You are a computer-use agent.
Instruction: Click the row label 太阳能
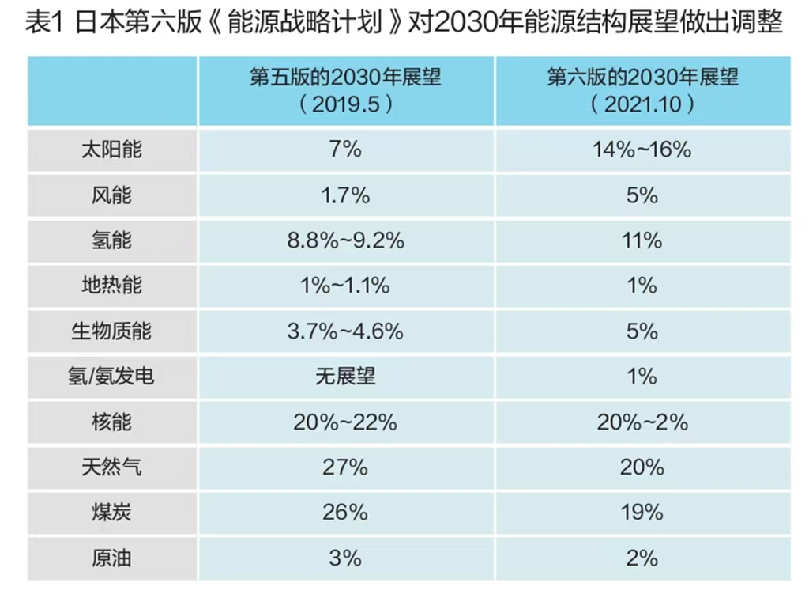click(111, 149)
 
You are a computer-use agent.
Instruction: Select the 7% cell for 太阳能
click(345, 149)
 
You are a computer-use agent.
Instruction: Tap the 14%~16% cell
click(642, 149)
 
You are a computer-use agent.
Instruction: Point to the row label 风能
click(111, 195)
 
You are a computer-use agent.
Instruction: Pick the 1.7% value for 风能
click(345, 195)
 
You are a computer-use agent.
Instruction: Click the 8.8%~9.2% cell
click(345, 240)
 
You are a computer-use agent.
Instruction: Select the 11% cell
click(642, 240)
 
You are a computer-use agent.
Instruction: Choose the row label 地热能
click(111, 285)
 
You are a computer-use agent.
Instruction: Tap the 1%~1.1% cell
click(345, 286)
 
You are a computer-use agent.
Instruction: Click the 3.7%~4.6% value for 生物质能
click(345, 331)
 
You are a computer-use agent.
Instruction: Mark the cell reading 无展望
click(345, 376)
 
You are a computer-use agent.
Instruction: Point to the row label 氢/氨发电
click(111, 376)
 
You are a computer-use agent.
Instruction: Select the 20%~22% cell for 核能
click(345, 422)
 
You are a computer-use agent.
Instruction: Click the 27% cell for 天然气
click(345, 467)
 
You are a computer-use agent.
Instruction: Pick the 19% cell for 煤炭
click(642, 513)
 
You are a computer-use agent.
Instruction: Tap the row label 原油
click(111, 558)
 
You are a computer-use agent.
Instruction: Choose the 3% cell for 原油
click(345, 558)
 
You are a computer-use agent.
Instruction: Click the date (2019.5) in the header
click(346, 104)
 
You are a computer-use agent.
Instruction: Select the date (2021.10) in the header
click(642, 104)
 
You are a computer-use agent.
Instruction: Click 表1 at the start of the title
click(44, 23)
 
